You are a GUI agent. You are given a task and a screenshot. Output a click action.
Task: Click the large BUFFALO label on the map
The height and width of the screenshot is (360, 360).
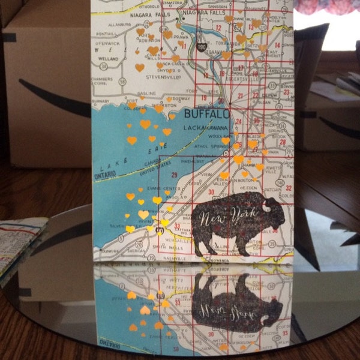[206, 114]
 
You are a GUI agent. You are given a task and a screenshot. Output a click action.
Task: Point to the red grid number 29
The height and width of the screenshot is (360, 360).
[175, 175]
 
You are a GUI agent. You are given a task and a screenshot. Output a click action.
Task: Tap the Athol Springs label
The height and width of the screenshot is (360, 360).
[208, 146]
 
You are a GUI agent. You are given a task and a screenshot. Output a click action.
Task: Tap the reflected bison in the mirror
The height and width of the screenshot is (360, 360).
[240, 304]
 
